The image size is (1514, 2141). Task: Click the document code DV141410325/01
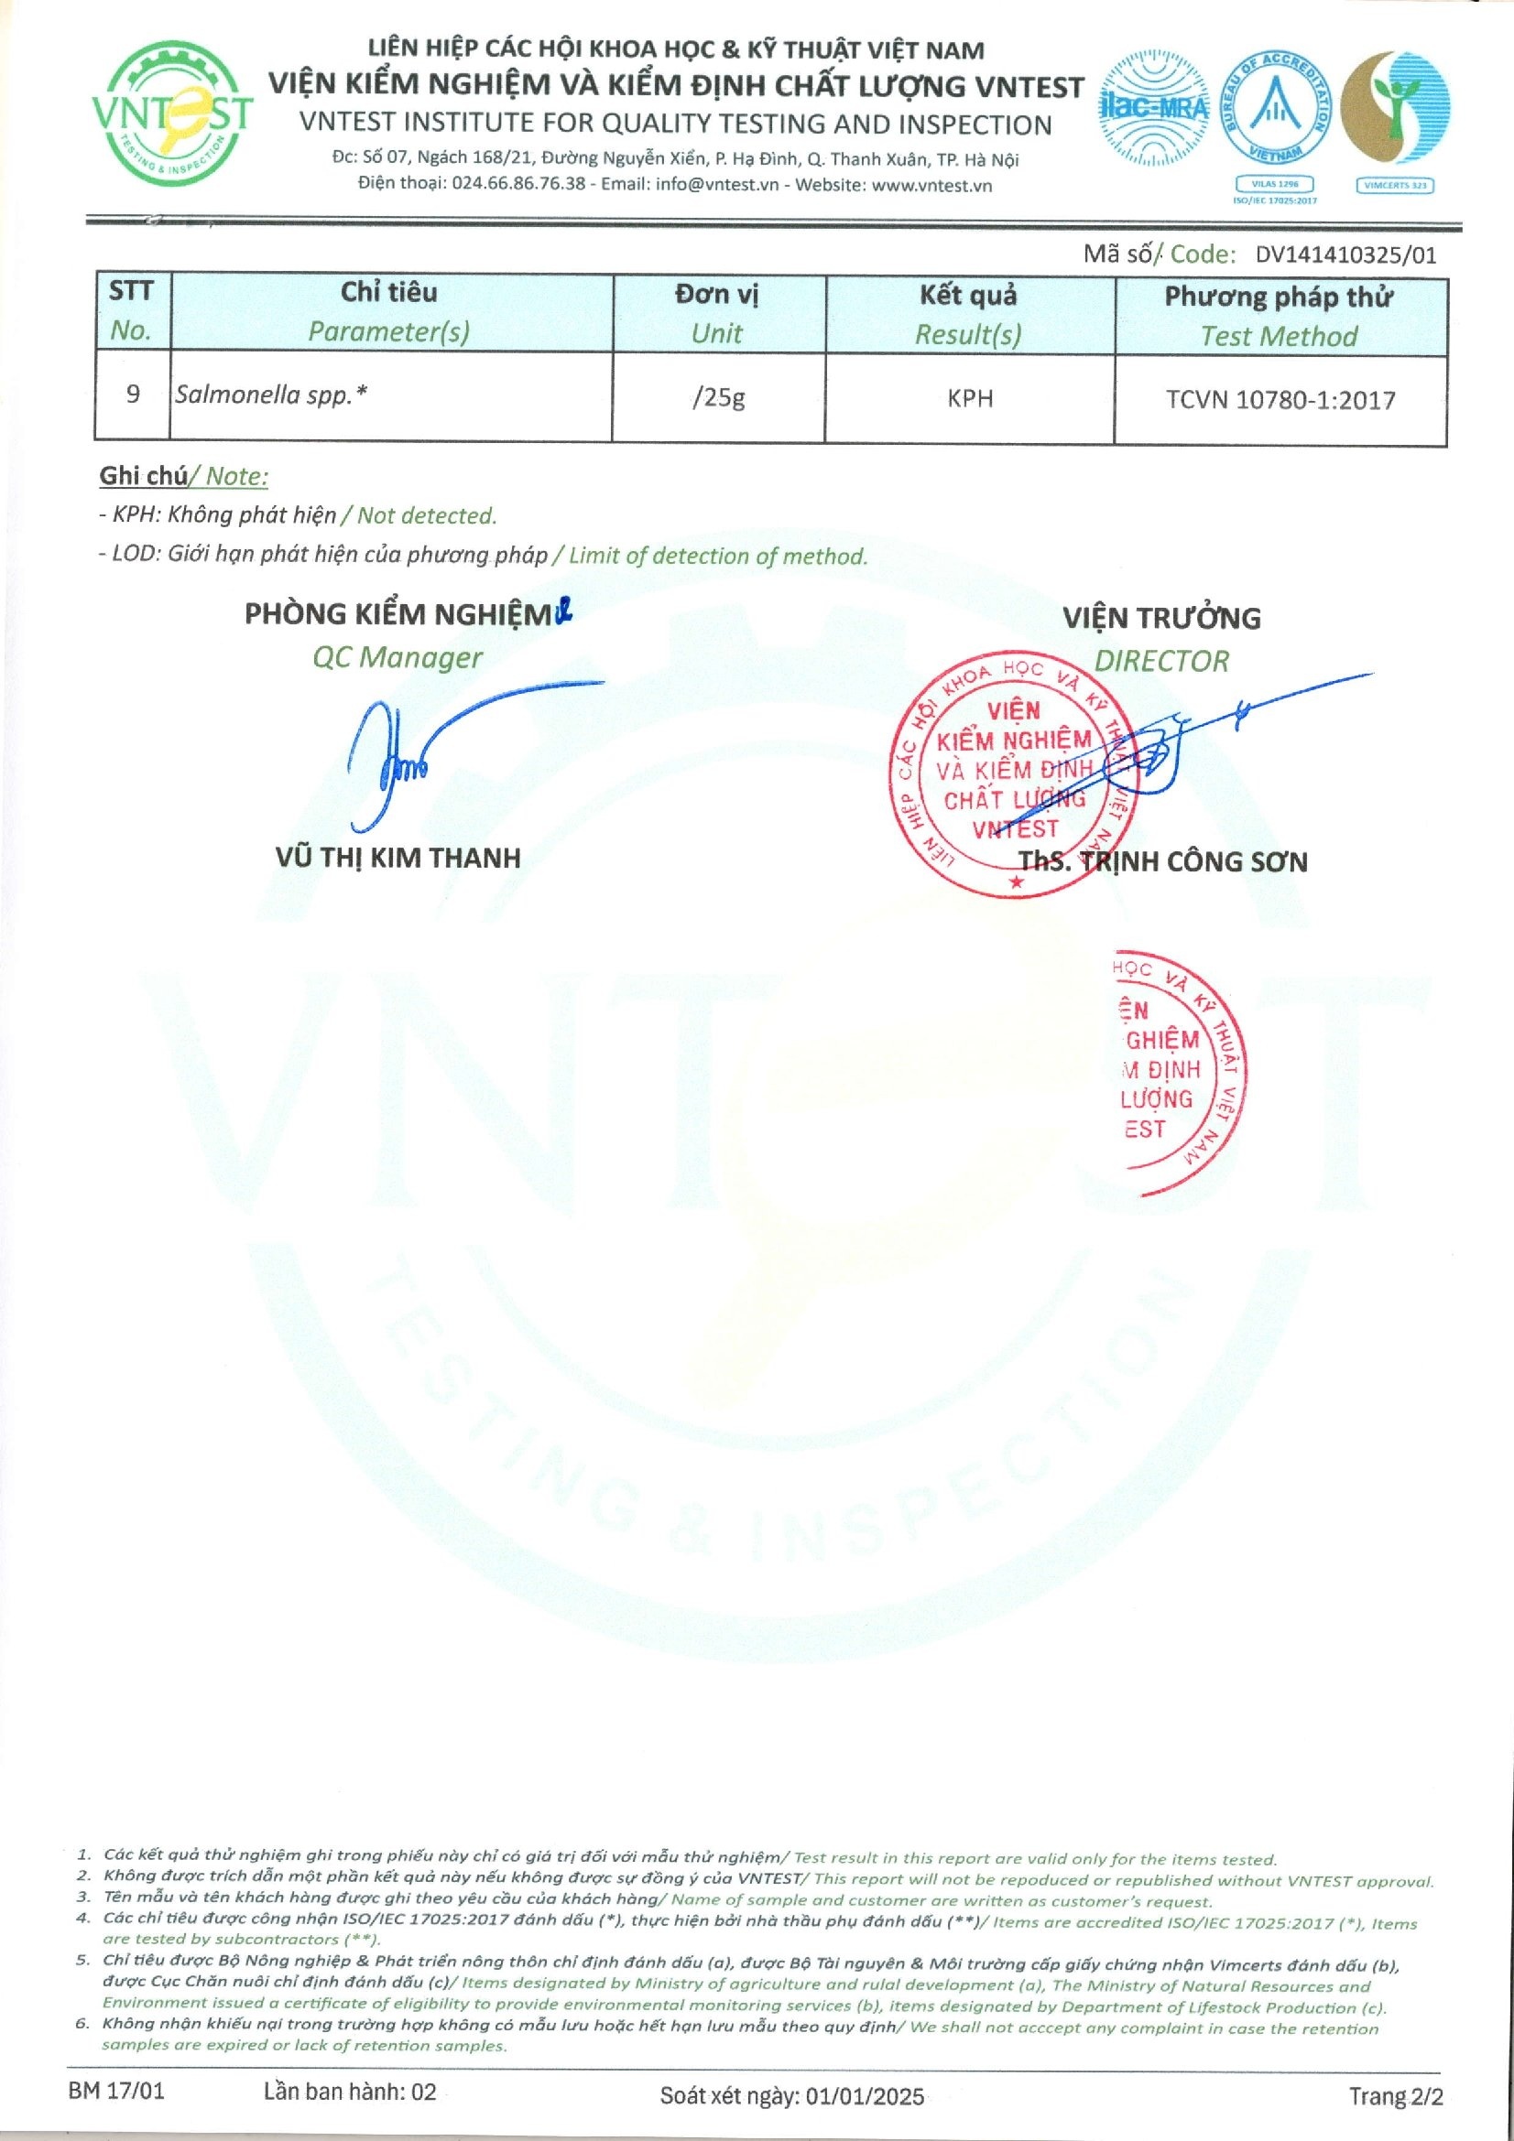[x=1345, y=255]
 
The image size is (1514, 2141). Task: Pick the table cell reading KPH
[x=969, y=399]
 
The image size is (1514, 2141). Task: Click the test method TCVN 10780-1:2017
[x=1280, y=400]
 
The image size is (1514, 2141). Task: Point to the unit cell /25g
[x=718, y=398]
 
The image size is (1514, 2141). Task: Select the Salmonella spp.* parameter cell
[x=270, y=395]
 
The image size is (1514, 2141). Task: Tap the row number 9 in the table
[x=133, y=395]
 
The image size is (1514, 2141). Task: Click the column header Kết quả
[x=968, y=296]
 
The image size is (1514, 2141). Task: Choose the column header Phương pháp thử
[x=1278, y=297]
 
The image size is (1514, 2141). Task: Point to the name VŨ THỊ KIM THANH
[x=398, y=858]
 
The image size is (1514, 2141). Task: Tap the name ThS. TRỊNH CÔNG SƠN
[x=1162, y=861]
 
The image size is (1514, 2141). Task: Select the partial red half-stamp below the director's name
[x=1177, y=1071]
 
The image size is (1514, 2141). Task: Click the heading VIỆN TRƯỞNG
[x=1161, y=618]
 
